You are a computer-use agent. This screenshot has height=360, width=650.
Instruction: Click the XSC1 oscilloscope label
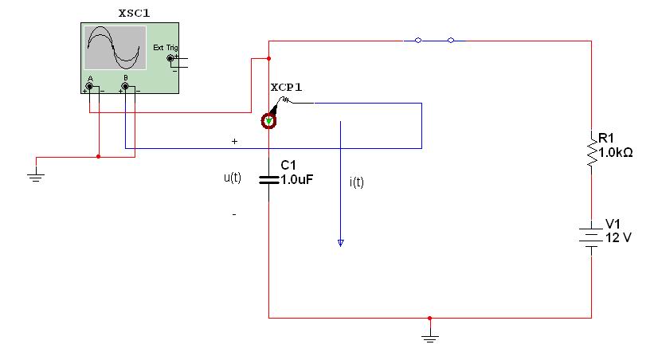click(x=134, y=14)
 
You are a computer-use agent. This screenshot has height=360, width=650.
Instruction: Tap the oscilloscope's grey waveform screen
click(x=115, y=48)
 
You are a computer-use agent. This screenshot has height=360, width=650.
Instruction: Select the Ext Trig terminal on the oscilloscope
click(x=170, y=58)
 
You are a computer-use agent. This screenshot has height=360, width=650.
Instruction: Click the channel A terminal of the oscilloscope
click(x=89, y=87)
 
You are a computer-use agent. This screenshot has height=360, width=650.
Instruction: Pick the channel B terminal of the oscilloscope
click(x=125, y=87)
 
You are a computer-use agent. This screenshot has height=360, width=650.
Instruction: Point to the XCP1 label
click(x=286, y=88)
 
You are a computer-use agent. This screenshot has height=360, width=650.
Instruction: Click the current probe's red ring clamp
click(x=268, y=121)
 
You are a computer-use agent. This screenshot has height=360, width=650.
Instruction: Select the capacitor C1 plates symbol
click(x=268, y=180)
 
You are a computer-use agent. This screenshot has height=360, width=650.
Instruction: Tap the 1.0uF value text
click(x=297, y=180)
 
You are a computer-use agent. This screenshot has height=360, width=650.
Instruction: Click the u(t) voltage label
click(x=233, y=178)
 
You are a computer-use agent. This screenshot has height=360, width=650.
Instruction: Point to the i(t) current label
click(x=357, y=182)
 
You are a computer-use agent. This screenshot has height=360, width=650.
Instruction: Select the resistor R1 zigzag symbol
click(x=592, y=148)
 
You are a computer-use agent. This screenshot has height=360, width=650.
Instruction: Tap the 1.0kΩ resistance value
click(x=616, y=153)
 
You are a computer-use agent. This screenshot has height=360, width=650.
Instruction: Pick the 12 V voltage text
click(x=618, y=238)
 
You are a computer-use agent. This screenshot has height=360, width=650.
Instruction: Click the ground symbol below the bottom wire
click(x=430, y=338)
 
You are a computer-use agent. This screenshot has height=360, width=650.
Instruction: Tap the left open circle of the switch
click(x=418, y=41)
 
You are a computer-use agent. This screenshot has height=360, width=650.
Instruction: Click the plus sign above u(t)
click(x=235, y=141)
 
